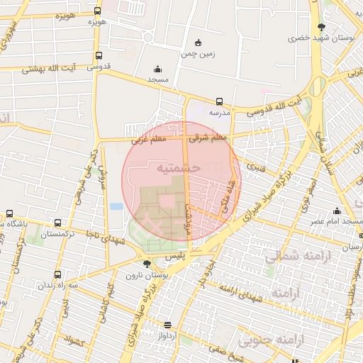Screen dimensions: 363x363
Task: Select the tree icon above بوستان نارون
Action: point(147,264)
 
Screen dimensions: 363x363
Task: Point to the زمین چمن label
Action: point(197,53)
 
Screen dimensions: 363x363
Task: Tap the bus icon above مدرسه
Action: point(219,101)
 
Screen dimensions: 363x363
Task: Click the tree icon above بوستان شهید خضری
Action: point(323,26)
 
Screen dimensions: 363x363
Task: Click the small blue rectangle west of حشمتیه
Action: point(116,206)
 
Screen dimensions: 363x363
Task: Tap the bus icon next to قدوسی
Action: point(99,55)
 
